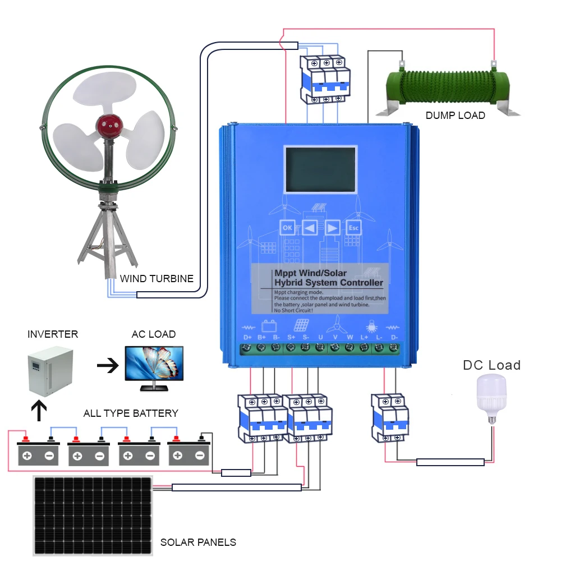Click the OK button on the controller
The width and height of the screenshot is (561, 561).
click(x=287, y=228)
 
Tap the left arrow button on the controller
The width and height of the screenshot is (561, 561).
click(x=310, y=228)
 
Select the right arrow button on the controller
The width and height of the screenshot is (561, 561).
click(x=332, y=228)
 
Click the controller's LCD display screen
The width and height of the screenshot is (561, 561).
click(x=320, y=170)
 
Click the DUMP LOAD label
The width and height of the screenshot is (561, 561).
click(x=455, y=116)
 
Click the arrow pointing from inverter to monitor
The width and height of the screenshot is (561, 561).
click(x=108, y=366)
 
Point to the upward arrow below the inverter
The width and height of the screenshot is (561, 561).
click(x=39, y=410)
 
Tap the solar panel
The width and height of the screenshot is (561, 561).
click(x=93, y=516)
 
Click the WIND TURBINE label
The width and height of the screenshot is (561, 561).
click(x=157, y=278)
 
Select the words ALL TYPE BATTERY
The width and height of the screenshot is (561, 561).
click(x=131, y=413)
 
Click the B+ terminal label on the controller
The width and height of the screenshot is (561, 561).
click(x=261, y=338)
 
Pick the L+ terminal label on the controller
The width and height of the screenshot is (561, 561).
click(x=365, y=338)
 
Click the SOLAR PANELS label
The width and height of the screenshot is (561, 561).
click(x=198, y=542)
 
